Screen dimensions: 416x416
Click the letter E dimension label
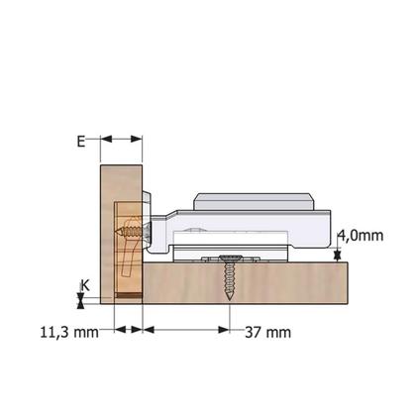pos(81,141)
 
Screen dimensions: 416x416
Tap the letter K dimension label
pos(85,283)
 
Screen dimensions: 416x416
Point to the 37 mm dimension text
pos(265,330)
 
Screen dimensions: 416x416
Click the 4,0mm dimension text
pos(361,236)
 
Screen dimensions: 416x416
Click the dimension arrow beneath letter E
pos(120,141)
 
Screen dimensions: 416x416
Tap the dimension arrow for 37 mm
pos(187,329)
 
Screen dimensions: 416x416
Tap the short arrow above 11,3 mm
pos(129,329)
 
